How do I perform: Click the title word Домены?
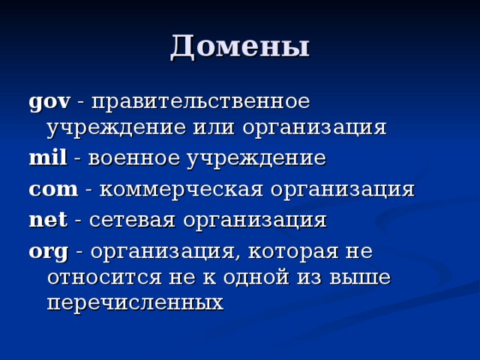[x=239, y=46]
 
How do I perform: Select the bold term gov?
[x=49, y=100]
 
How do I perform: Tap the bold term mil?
[x=47, y=158]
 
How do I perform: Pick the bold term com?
[x=52, y=188]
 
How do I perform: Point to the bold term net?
[x=47, y=219]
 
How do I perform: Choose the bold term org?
[x=49, y=250]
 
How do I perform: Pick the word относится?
[x=100, y=277]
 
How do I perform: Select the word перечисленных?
[x=135, y=303]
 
